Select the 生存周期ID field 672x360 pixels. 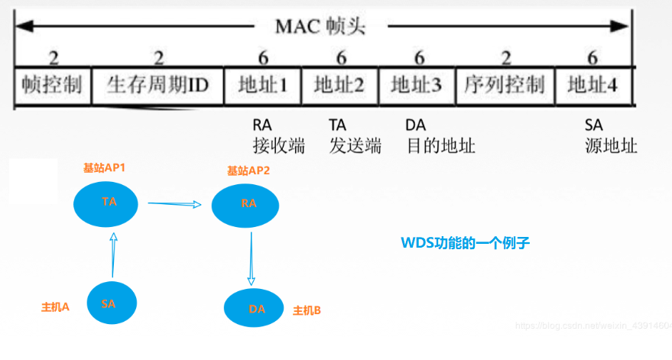pyautogui.click(x=157, y=86)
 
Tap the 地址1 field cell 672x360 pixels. pyautogui.click(x=262, y=86)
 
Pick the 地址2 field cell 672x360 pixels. pyautogui.click(x=340, y=86)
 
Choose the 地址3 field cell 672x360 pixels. pyautogui.click(x=416, y=86)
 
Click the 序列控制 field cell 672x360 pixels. pyautogui.click(x=504, y=86)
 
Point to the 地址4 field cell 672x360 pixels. pyautogui.click(x=592, y=86)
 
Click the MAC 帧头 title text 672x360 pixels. pyautogui.click(x=320, y=28)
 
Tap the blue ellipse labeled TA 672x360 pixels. pyautogui.click(x=109, y=202)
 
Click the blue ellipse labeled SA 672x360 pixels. pyautogui.click(x=109, y=303)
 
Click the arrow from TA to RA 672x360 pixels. pyautogui.click(x=174, y=204)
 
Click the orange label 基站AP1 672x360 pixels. pyautogui.click(x=105, y=167)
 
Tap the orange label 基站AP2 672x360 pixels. pyautogui.click(x=248, y=170)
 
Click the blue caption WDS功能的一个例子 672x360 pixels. pyautogui.click(x=465, y=243)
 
